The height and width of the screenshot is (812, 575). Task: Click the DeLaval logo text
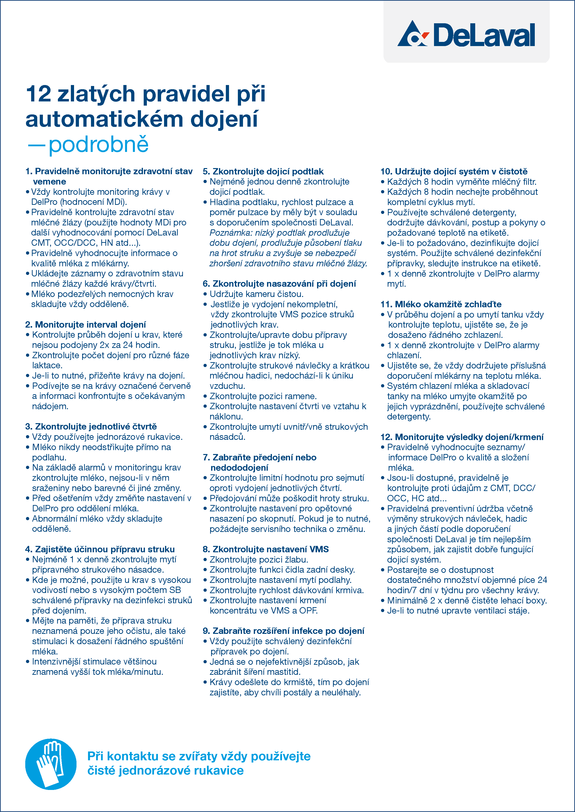484,35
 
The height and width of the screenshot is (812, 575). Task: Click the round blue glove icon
51,764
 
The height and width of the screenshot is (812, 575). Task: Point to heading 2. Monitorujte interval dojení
86,324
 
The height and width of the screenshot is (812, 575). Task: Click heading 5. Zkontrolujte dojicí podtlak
263,172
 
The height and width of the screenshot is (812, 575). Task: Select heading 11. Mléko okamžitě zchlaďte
441,304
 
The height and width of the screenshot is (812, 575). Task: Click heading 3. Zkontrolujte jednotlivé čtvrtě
91,427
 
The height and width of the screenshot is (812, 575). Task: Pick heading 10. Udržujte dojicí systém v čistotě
454,172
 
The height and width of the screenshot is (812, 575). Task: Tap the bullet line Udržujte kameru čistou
256,294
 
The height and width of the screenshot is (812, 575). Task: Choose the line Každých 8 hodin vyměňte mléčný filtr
461,182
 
